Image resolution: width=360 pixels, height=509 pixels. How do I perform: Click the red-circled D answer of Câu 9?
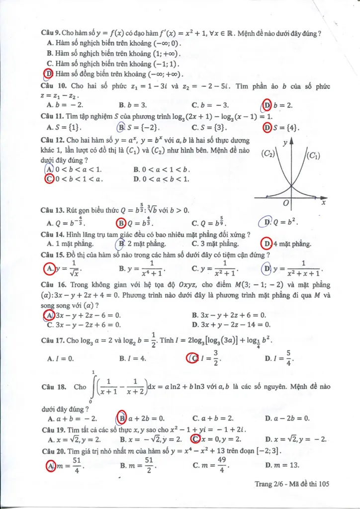click(x=49, y=74)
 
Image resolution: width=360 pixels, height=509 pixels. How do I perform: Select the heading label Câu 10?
click(x=53, y=86)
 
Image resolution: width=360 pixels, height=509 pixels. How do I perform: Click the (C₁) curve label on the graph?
click(x=313, y=156)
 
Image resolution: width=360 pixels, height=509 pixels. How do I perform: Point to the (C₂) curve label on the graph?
click(x=268, y=154)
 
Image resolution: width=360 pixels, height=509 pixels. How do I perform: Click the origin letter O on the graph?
click(x=285, y=203)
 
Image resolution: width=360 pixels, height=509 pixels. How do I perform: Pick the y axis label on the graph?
click(x=284, y=143)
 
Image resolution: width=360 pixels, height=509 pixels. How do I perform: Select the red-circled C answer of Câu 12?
click(x=49, y=179)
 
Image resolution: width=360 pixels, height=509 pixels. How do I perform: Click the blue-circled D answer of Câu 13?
click(x=267, y=223)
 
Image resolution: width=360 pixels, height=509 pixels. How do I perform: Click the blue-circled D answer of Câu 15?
click(x=267, y=269)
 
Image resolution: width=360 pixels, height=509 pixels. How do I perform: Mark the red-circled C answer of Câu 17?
click(x=193, y=358)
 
